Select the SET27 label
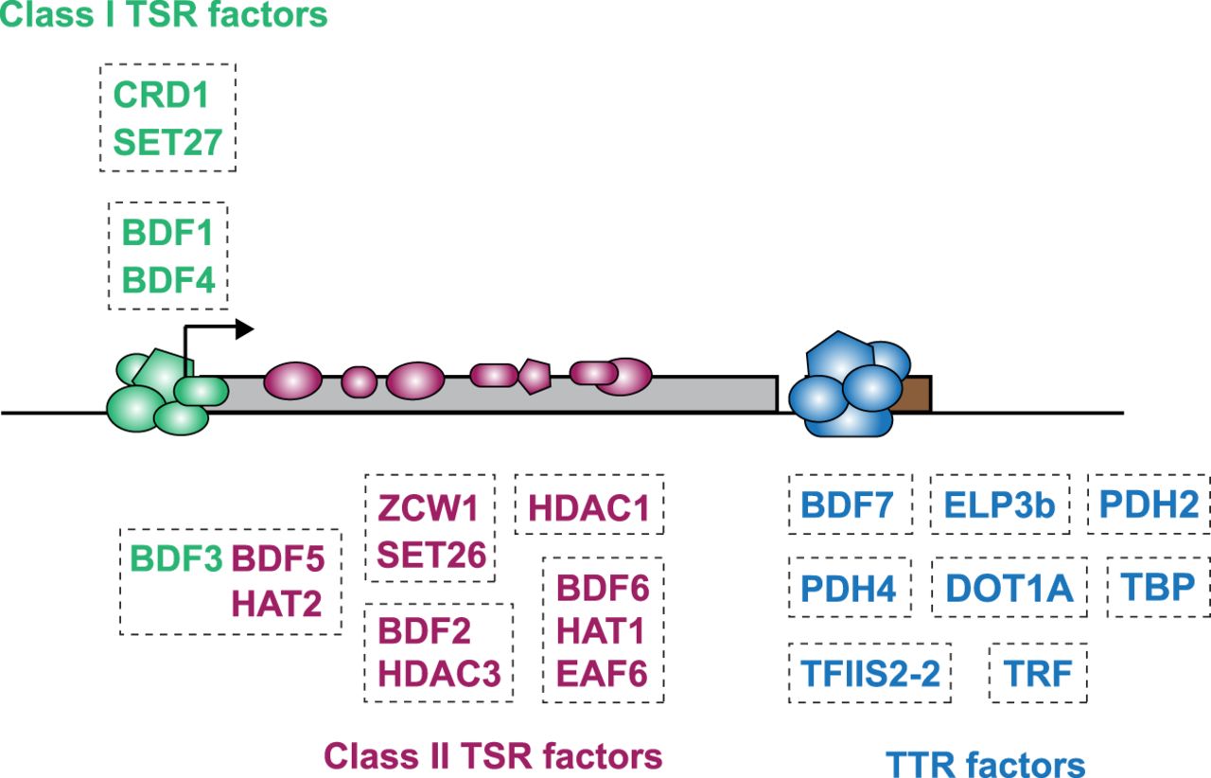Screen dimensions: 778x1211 [x=167, y=143]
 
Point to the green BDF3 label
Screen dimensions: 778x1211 [x=176, y=558]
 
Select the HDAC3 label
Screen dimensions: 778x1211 [x=438, y=672]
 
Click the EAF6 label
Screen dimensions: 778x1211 [x=602, y=673]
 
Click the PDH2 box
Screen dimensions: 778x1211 [x=1148, y=504]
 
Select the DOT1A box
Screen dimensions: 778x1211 [x=1009, y=588]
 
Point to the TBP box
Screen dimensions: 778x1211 [x=1157, y=588]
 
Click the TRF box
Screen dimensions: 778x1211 [x=1038, y=673]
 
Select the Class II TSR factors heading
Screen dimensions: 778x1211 [x=493, y=755]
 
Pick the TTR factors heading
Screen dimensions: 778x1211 [x=985, y=763]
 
